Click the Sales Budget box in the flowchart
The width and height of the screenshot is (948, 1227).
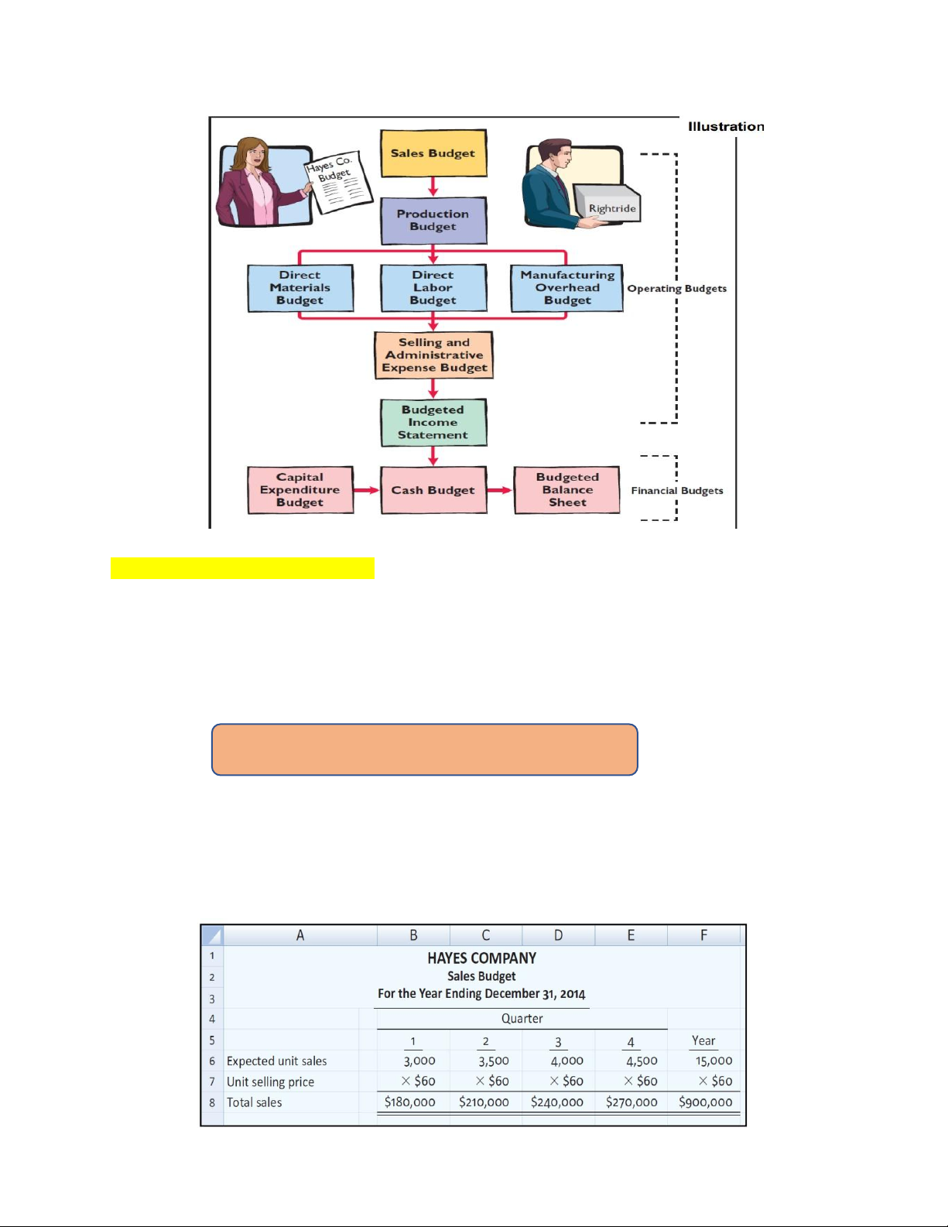pos(433,153)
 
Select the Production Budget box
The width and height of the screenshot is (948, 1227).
pos(433,221)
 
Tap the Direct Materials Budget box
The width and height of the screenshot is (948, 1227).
pos(300,288)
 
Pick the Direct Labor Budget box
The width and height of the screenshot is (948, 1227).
pos(433,288)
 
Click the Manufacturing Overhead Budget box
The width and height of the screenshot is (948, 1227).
pos(567,288)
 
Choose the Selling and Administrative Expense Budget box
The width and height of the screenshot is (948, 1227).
pos(434,355)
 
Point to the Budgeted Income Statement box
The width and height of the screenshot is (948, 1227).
pos(433,423)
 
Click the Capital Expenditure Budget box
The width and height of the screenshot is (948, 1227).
pos(300,490)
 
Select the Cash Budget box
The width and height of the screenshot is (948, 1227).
pos(433,490)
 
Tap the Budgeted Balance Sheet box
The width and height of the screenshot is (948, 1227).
pos(567,490)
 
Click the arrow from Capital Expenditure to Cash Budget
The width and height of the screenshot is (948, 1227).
pos(367,490)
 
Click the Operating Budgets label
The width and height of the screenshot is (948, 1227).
pos(677,289)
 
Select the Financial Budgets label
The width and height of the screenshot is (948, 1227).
pos(677,491)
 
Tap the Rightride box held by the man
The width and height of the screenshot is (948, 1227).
pos(611,206)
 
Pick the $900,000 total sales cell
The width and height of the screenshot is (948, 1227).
pos(705,1102)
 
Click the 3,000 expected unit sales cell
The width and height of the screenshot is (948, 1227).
pos(419,1061)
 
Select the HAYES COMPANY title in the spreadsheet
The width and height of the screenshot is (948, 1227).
pos(481,958)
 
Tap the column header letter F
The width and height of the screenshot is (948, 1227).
pos(703,935)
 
